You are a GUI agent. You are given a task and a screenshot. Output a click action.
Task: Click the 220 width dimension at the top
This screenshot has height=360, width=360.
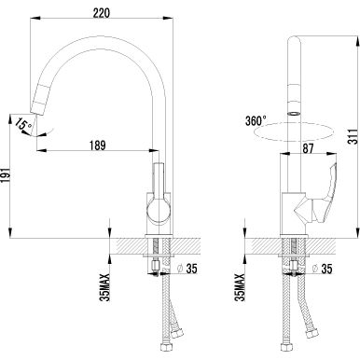pyautogui.click(x=102, y=13)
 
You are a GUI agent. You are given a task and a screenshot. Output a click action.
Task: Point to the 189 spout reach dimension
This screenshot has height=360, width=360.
pyautogui.click(x=98, y=145)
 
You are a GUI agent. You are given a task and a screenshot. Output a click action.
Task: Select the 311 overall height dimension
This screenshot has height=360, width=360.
pyautogui.click(x=353, y=136)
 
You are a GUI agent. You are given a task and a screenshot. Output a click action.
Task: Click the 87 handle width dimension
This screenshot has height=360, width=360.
pyautogui.click(x=308, y=148)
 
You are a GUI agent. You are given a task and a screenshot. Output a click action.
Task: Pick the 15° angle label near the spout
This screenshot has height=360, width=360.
pyautogui.click(x=22, y=124)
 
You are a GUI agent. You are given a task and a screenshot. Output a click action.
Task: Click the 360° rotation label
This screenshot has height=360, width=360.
pyautogui.click(x=256, y=120)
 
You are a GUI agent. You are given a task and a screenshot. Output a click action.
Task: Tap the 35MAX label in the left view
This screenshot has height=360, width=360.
pyautogui.click(x=105, y=287)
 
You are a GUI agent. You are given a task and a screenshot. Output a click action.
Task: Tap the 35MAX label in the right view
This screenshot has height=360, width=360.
pyautogui.click(x=240, y=287)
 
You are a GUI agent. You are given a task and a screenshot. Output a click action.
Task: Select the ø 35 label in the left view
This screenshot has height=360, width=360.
pyautogui.click(x=187, y=269)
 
